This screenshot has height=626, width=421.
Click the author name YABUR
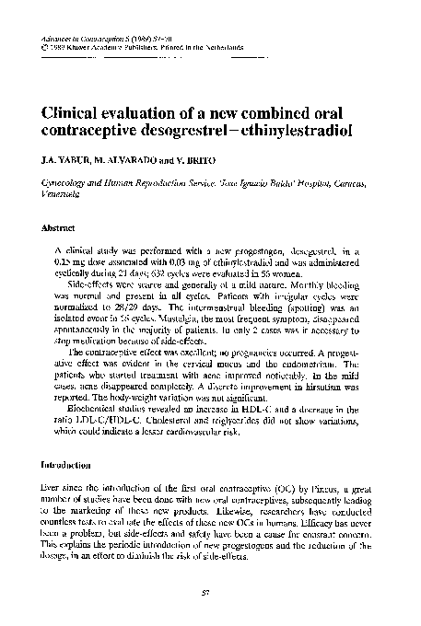68,160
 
